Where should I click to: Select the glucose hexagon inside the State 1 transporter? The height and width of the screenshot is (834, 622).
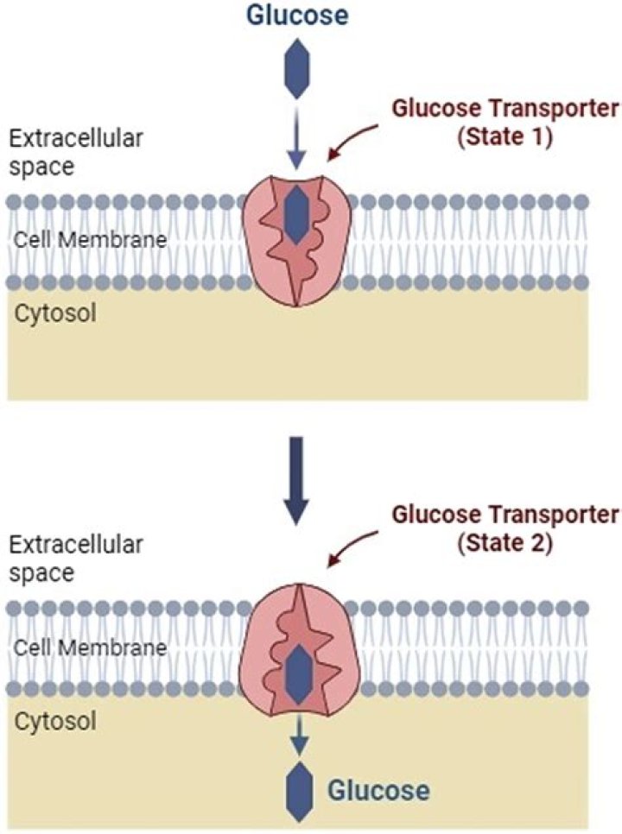pos(296,214)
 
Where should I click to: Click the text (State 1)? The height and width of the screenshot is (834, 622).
pos(505,137)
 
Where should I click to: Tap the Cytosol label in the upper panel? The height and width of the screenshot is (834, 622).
pos(56,313)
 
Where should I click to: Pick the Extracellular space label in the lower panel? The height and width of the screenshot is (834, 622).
pos(76,558)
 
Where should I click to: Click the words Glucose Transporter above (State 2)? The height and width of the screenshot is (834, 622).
pos(505,515)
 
